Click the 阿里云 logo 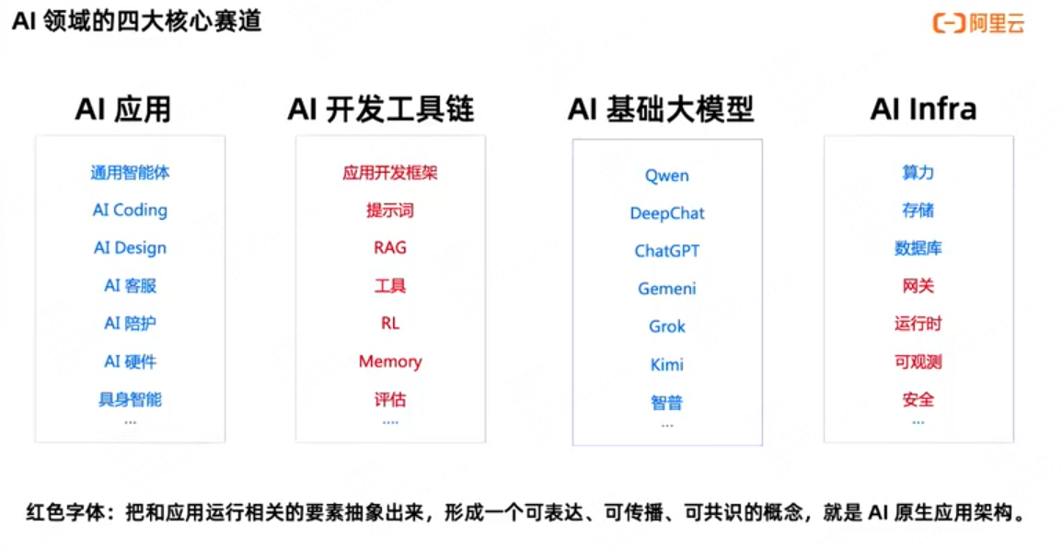click(978, 23)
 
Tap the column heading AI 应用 click(123, 109)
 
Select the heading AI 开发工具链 click(381, 109)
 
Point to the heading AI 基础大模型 click(661, 109)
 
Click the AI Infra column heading click(923, 109)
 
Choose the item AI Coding click(130, 210)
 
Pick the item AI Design click(130, 248)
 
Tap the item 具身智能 click(130, 399)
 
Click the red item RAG click(390, 248)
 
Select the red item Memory click(390, 361)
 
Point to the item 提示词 click(390, 211)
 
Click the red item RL click(390, 324)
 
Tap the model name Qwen click(667, 176)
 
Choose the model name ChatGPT click(667, 251)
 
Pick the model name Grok click(667, 326)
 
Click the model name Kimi click(667, 365)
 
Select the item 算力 click(918, 173)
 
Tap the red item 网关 click(918, 286)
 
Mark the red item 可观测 click(918, 361)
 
